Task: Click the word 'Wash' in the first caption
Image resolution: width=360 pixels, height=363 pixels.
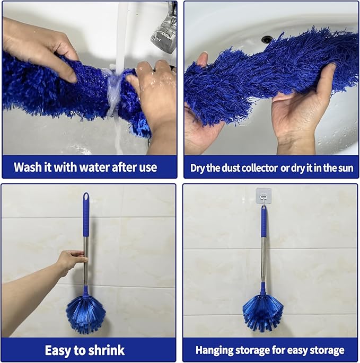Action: tap(30, 167)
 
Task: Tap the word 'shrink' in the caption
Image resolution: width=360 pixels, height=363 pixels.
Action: tap(106, 350)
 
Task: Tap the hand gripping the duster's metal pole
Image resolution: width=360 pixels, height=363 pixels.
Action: tap(72, 261)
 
